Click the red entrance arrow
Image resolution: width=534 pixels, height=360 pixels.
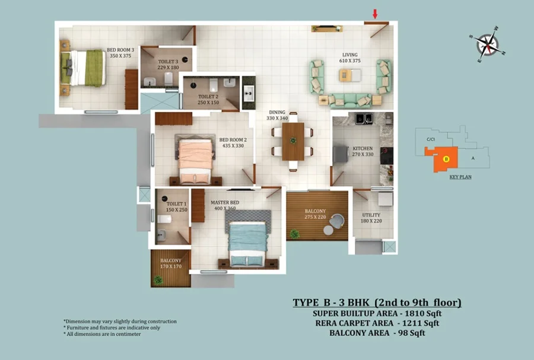375,14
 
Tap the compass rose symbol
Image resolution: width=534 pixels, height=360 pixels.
488,44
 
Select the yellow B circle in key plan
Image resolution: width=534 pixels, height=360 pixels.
446,159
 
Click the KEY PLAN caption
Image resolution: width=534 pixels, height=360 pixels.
460,177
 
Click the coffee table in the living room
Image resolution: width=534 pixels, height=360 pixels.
349,75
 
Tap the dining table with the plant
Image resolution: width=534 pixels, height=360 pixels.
293,141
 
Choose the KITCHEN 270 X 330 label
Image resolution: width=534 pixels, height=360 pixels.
363,151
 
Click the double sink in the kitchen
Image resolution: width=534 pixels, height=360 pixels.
364,119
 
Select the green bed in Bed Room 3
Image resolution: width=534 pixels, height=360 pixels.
82,68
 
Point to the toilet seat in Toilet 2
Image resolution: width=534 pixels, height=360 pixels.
214,85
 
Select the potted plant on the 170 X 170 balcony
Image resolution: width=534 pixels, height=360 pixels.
158,281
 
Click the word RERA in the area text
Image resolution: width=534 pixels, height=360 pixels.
326,323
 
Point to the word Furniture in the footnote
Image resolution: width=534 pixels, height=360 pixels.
79,327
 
